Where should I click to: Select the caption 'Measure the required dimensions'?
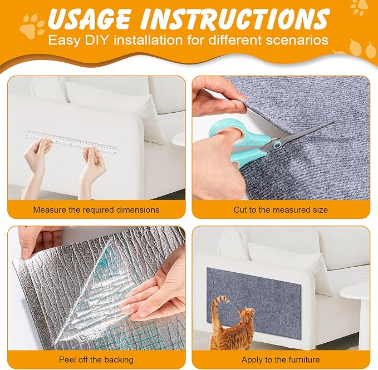click(x=96, y=210)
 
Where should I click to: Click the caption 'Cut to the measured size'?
click(x=281, y=210)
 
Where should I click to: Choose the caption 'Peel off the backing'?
click(x=96, y=360)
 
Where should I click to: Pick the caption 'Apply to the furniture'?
click(x=281, y=360)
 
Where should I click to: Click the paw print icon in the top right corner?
click(x=359, y=7)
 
